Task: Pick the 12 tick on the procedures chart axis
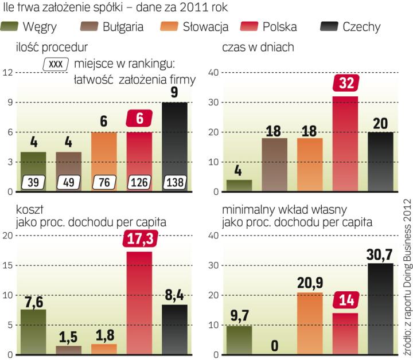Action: click(7, 72)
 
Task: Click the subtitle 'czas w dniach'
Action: click(258, 48)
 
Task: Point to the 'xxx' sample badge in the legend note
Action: click(56, 64)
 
